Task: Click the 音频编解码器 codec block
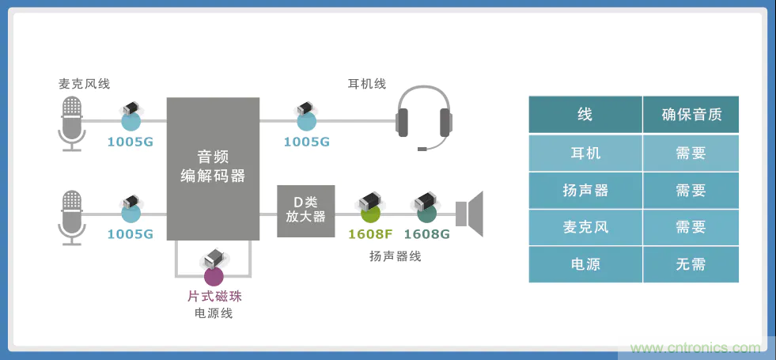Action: coord(213,167)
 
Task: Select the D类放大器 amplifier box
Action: coord(305,210)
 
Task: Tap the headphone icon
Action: coord(425,117)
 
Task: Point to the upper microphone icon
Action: coord(72,122)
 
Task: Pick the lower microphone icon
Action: coord(72,215)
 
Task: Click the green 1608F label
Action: coord(370,234)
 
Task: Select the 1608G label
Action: coord(426,234)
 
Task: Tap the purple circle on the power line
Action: coord(214,276)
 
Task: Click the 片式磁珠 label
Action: coord(214,297)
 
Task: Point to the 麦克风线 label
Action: coord(84,84)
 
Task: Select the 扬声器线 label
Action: coord(395,256)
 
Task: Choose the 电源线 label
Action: coord(214,313)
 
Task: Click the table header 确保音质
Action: coord(691,115)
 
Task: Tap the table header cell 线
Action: coord(585,115)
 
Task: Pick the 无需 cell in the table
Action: coord(691,264)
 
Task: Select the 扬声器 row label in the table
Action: coord(585,191)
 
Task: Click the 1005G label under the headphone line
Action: coord(306,142)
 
